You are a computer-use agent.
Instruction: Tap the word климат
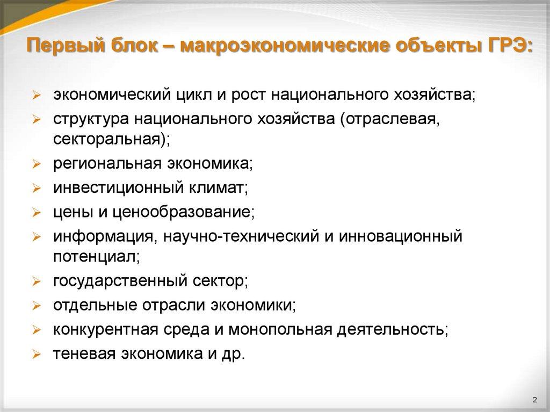[x=218, y=188]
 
